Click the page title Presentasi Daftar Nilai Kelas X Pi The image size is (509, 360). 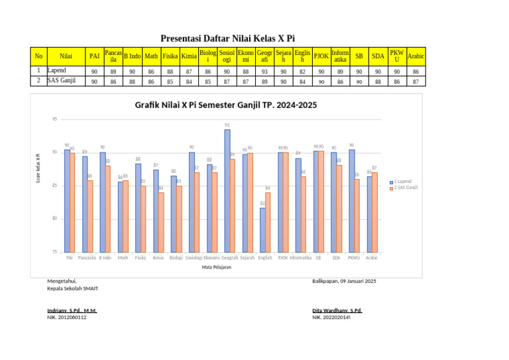tap(227, 38)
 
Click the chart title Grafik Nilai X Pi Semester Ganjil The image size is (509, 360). tap(221, 105)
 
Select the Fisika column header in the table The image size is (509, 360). tap(170, 56)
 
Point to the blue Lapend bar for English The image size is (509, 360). tap(262, 230)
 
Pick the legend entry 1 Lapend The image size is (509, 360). tap(402, 181)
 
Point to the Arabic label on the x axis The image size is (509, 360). tap(372, 257)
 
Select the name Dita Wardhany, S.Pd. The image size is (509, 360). tap(337, 310)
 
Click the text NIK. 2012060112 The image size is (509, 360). tap(67, 318)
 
